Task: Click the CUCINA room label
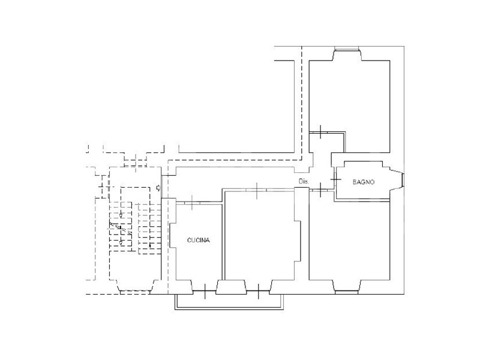click(x=199, y=241)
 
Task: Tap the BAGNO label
click(x=364, y=182)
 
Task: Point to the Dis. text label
click(x=304, y=182)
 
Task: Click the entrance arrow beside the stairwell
click(x=158, y=188)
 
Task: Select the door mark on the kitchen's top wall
click(x=192, y=202)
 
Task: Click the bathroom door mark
click(x=335, y=179)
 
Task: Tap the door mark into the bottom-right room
click(x=320, y=190)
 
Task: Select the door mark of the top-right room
click(x=320, y=132)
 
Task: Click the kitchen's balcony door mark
click(x=205, y=291)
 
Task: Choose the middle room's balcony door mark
click(x=259, y=291)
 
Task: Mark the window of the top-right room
click(x=347, y=48)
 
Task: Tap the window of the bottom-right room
click(x=347, y=292)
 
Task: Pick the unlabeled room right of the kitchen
click(x=260, y=236)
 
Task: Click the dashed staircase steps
click(x=135, y=227)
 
